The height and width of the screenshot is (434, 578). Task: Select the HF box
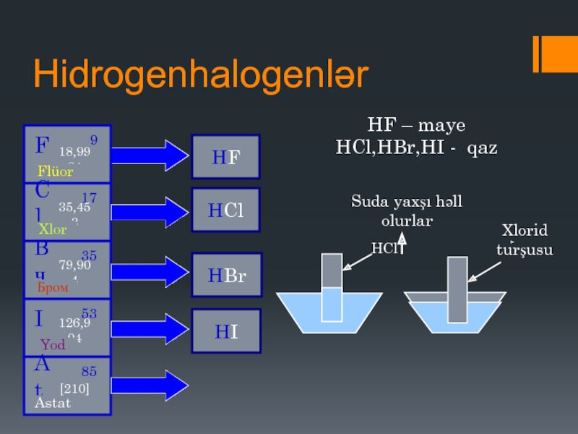pyautogui.click(x=225, y=157)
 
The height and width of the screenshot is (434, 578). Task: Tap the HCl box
pyautogui.click(x=225, y=210)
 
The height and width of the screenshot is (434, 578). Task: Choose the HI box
pyautogui.click(x=225, y=331)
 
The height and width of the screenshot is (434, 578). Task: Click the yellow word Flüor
pyautogui.click(x=56, y=172)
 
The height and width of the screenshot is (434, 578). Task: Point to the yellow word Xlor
pyautogui.click(x=52, y=229)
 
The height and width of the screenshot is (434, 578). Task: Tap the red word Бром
pyautogui.click(x=52, y=287)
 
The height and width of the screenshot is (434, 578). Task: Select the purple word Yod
pyautogui.click(x=53, y=344)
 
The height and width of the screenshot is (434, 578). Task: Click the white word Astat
pyautogui.click(x=53, y=403)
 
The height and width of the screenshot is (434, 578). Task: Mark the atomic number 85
pyautogui.click(x=89, y=372)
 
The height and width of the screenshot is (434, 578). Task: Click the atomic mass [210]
pyautogui.click(x=74, y=389)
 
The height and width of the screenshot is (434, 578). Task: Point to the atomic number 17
pyautogui.click(x=90, y=197)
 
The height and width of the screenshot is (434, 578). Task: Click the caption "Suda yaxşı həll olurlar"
pyautogui.click(x=407, y=210)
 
